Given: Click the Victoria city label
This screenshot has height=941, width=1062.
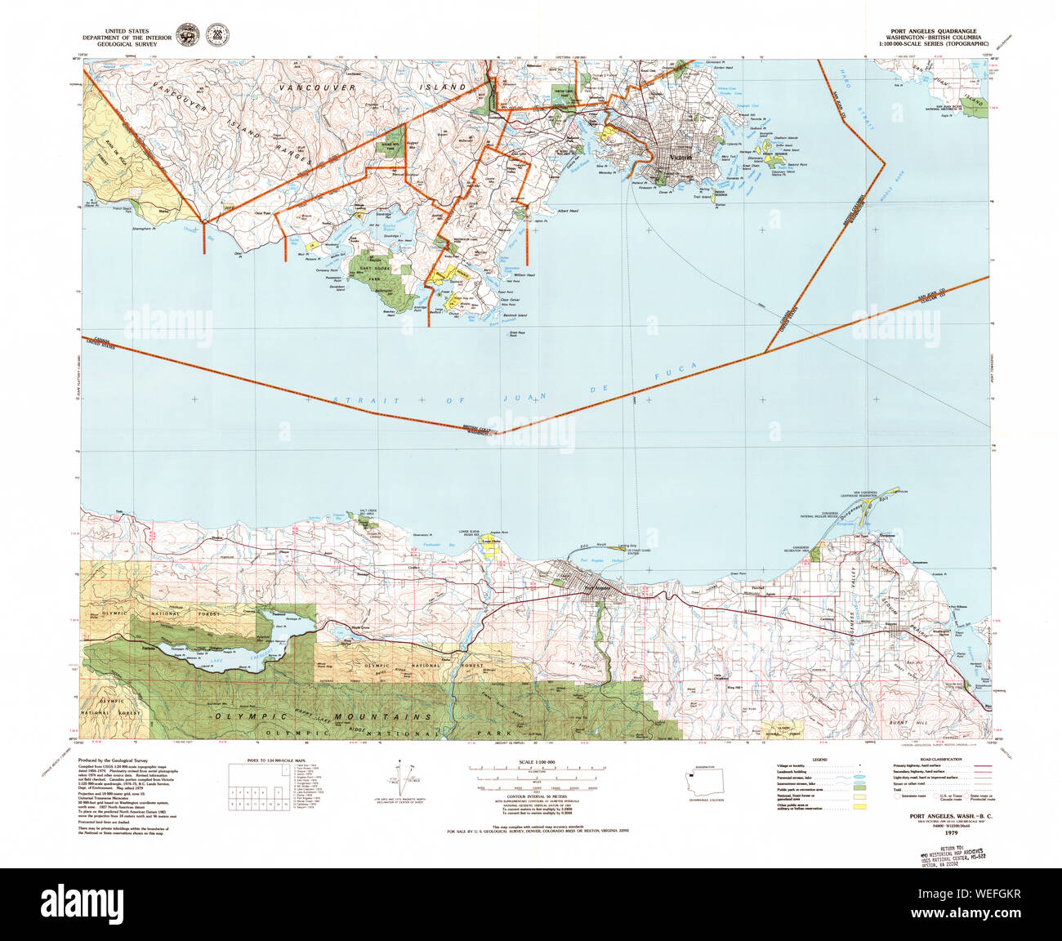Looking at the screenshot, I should (x=680, y=158).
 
